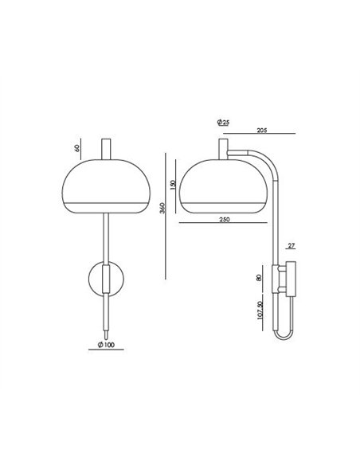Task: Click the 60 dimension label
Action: point(77,148)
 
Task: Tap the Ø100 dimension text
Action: point(106,345)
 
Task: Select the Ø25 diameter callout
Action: point(223,122)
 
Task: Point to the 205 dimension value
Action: point(262,131)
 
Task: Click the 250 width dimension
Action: point(225,220)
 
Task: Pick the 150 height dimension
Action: point(173,185)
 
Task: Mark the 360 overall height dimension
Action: point(162,208)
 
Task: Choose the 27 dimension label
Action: point(292,245)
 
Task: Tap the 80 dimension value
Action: point(259,278)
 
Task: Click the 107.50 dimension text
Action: point(260,311)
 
